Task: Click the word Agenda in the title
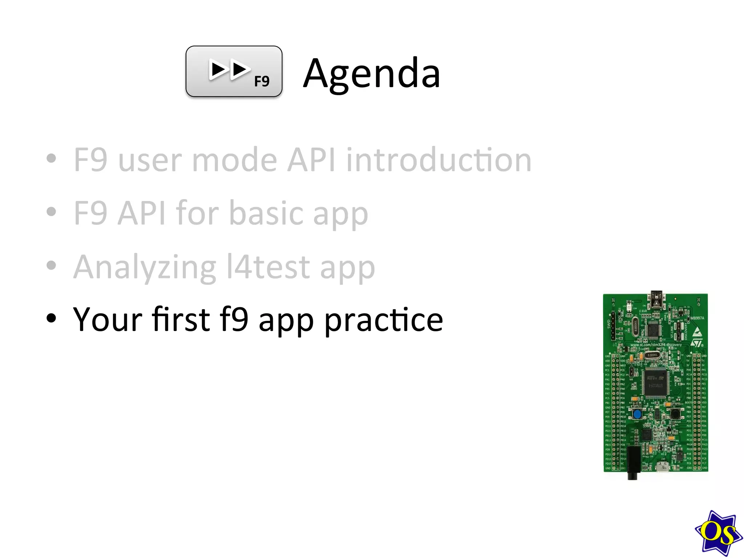[372, 74]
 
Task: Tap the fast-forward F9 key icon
[234, 71]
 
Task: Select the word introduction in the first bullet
[439, 160]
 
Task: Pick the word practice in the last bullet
[384, 320]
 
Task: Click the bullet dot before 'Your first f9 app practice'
[52, 318]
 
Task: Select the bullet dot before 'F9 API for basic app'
[52, 212]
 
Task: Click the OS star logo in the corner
[718, 533]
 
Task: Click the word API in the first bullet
[311, 160]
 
